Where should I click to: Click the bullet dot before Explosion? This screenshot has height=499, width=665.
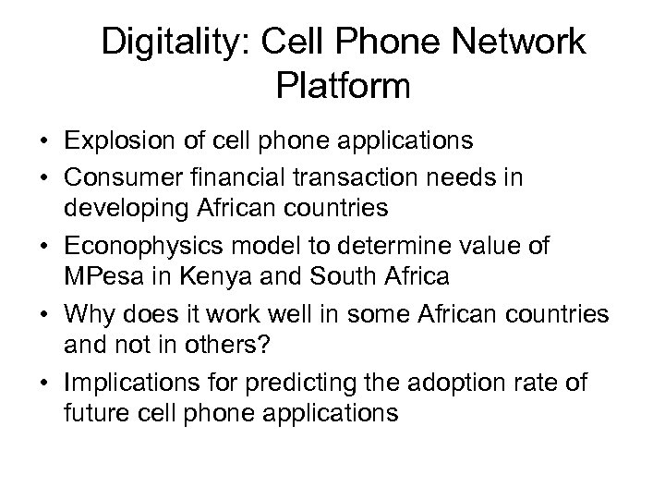tap(44, 142)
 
